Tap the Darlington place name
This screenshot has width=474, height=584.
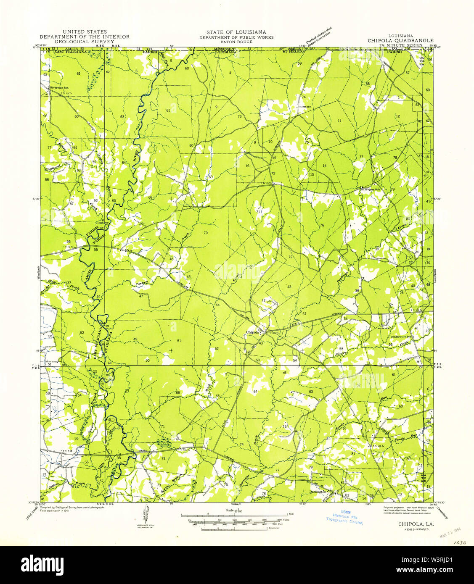tap(318, 491)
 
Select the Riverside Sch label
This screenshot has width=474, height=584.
tap(58, 87)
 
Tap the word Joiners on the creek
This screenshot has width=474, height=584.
tap(340, 353)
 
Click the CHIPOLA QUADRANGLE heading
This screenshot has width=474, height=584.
tap(400, 40)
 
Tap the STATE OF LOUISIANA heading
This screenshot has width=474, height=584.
tap(236, 32)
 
